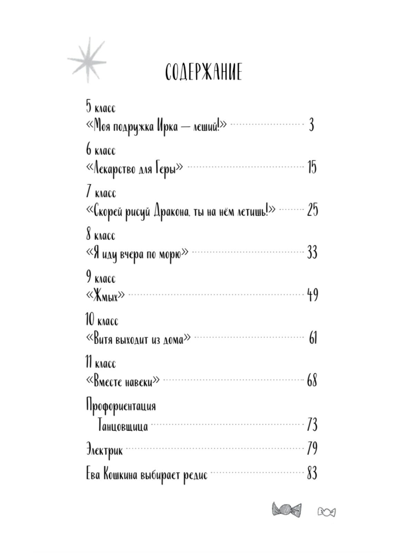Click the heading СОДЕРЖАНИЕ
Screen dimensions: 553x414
(204, 72)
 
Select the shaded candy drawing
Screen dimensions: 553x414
(286, 510)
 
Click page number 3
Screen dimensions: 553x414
(311, 125)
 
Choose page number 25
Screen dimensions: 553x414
(312, 210)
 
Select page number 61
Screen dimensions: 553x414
(313, 338)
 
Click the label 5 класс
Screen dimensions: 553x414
(101, 107)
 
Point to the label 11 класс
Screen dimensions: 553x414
(101, 363)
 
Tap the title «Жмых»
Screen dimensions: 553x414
(105, 296)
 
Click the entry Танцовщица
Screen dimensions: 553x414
(123, 425)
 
